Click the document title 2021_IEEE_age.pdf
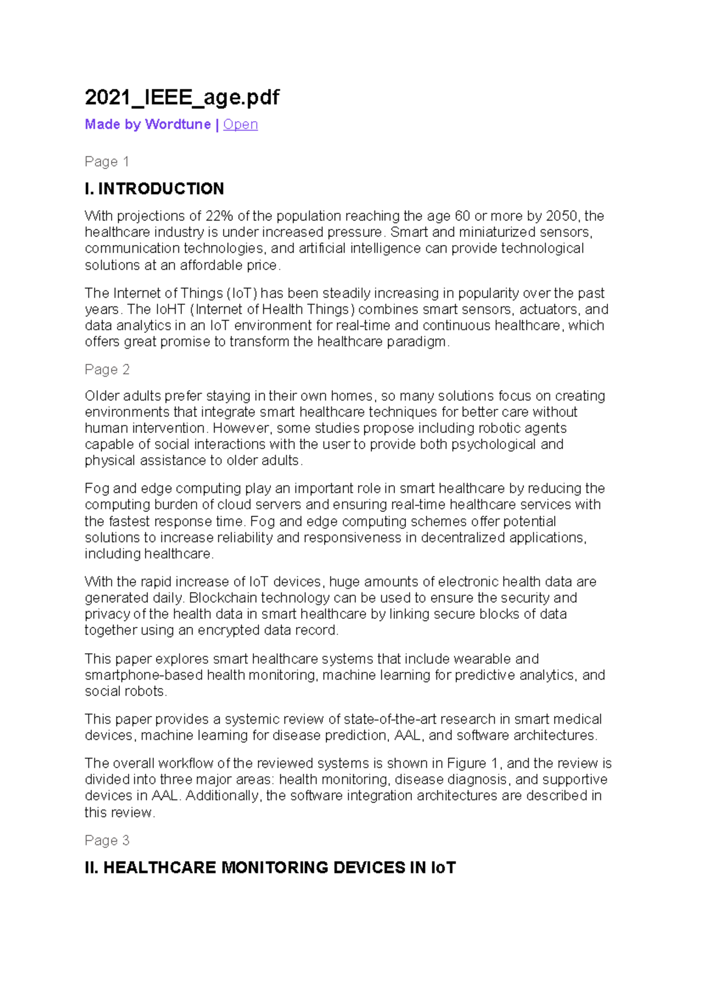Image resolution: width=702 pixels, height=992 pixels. [182, 97]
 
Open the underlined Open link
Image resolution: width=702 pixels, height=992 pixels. [240, 125]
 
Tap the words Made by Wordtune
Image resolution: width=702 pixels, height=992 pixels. [147, 125]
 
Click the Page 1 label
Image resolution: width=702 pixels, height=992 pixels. [106, 161]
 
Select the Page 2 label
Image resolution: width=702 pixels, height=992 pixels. [107, 370]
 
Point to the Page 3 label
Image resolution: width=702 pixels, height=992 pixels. [107, 841]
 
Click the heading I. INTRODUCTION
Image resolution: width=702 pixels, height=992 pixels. [154, 189]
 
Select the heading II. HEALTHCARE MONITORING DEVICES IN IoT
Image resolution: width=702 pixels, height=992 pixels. [270, 867]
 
